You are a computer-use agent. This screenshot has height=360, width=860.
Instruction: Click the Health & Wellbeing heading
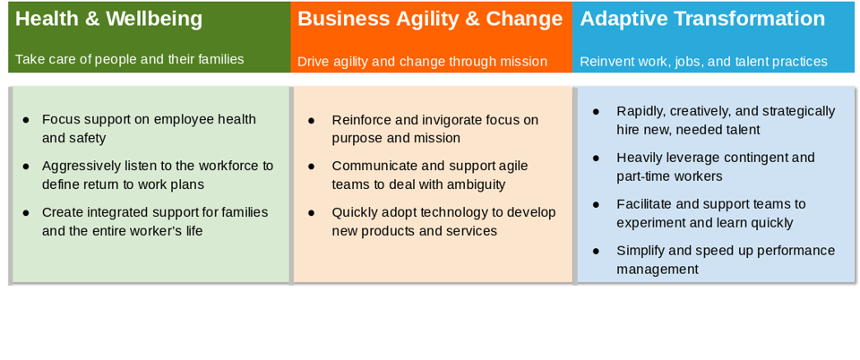click(x=108, y=19)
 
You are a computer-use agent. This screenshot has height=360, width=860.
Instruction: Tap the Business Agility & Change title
click(x=430, y=19)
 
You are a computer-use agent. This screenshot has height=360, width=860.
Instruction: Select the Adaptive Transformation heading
click(x=702, y=19)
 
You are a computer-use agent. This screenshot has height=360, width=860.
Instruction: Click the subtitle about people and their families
click(x=129, y=59)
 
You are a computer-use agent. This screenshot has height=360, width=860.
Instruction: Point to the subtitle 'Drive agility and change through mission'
click(x=422, y=62)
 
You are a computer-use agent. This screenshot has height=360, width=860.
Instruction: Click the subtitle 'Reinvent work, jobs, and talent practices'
click(x=704, y=62)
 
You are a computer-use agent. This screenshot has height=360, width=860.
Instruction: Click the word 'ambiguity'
click(x=475, y=185)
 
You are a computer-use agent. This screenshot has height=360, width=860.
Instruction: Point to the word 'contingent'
click(x=756, y=158)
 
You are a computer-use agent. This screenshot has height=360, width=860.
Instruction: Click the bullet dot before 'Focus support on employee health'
click(x=26, y=119)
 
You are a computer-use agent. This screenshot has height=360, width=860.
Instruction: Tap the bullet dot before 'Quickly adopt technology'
click(x=311, y=212)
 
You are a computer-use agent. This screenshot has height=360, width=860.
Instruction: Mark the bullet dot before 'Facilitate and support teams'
click(x=596, y=204)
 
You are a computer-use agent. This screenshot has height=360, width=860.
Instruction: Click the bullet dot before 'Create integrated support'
click(x=26, y=212)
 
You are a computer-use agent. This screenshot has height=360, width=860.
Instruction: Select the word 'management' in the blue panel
click(x=657, y=270)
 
